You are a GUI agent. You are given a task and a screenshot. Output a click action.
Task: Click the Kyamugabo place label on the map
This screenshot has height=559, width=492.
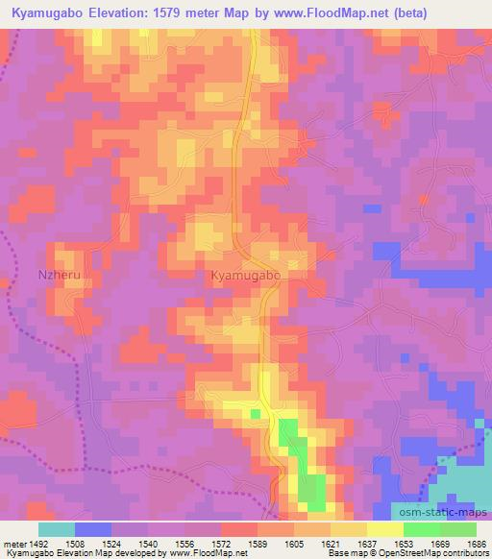tap(245, 275)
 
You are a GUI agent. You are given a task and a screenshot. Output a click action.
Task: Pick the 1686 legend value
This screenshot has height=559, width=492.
tap(478, 543)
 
